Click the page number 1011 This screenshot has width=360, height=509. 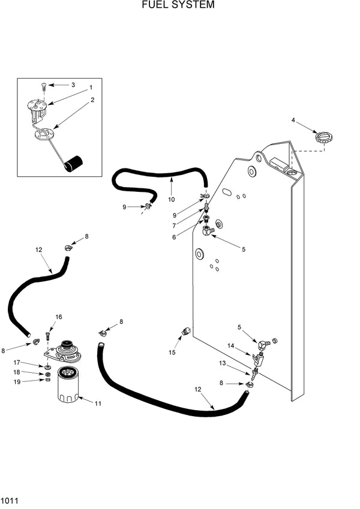(x=11, y=499)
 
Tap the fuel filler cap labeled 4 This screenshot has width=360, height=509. (x=323, y=138)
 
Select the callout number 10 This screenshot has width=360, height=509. (x=171, y=199)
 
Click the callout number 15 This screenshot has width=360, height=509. (x=172, y=353)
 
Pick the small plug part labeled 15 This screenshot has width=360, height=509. (x=185, y=330)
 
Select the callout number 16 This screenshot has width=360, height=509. (x=58, y=317)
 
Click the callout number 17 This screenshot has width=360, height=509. (x=17, y=362)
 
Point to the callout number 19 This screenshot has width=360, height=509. (x=17, y=381)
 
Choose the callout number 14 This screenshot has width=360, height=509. (x=230, y=345)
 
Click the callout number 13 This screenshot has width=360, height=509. (x=222, y=363)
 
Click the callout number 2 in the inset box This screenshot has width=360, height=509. (x=92, y=100)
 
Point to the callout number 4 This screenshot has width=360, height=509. (x=293, y=120)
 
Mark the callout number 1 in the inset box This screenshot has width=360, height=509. (x=91, y=88)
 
